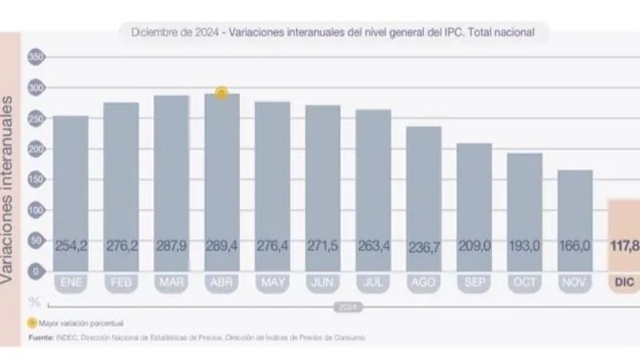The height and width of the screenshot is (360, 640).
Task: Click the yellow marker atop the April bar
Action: [x=222, y=93]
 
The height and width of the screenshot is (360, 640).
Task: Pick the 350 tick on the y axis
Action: [x=35, y=57]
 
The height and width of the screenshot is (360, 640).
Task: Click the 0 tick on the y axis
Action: [x=35, y=271]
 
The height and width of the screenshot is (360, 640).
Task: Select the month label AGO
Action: [x=424, y=283]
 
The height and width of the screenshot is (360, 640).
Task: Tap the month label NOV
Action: [x=575, y=283]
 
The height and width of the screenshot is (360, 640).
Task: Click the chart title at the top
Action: [x=334, y=32]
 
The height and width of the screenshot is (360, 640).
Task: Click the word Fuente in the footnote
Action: [x=40, y=338]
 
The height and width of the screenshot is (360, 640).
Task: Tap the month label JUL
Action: [x=374, y=283]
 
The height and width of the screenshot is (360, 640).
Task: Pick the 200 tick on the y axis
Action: [x=35, y=149]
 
